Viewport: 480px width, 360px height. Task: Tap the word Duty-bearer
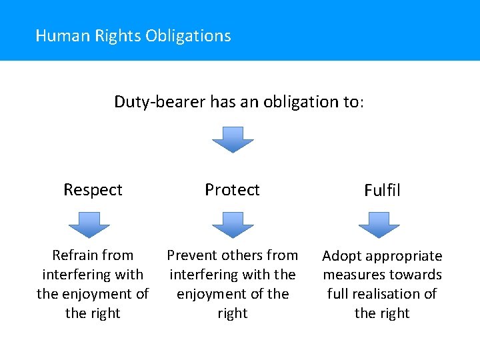pos(160,102)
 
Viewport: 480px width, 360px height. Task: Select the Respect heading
pos(93,190)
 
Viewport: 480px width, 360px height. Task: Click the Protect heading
pos(232,190)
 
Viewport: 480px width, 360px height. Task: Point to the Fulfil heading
pos(382,191)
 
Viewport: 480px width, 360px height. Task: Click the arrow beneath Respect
pos(89,225)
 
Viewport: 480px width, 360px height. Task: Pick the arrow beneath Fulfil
pos(379,225)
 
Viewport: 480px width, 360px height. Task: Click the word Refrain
pos(75,255)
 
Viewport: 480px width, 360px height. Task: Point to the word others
pos(241,255)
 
